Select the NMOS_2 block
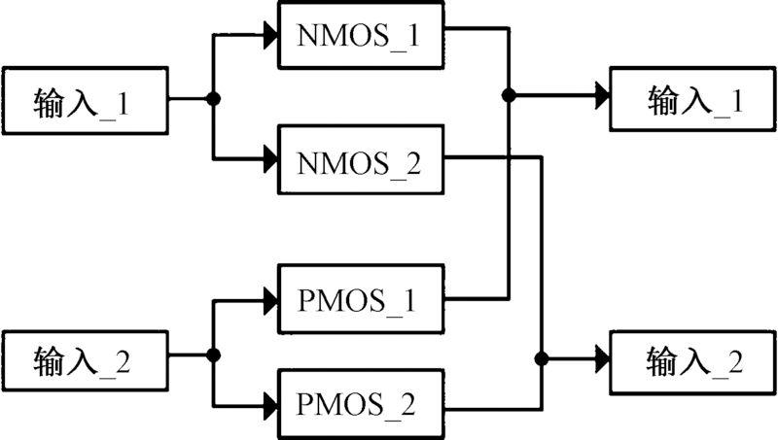[x=363, y=157]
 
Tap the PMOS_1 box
[x=363, y=297]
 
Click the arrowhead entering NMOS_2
[x=270, y=157]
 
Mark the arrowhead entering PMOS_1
[x=270, y=300]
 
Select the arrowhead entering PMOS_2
[x=270, y=399]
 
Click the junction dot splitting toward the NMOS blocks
[x=214, y=99]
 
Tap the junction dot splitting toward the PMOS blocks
[x=214, y=355]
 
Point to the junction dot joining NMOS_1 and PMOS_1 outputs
[x=508, y=95]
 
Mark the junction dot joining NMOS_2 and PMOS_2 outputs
[x=539, y=360]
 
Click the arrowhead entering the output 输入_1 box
[x=601, y=95]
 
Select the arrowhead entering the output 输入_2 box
[x=601, y=360]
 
